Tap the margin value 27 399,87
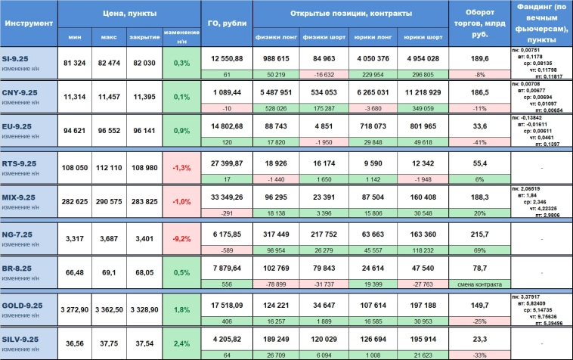point(226,163)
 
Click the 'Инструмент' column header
point(29,23)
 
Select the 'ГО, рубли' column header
point(226,23)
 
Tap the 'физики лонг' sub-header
point(277,36)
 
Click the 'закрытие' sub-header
point(145,36)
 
